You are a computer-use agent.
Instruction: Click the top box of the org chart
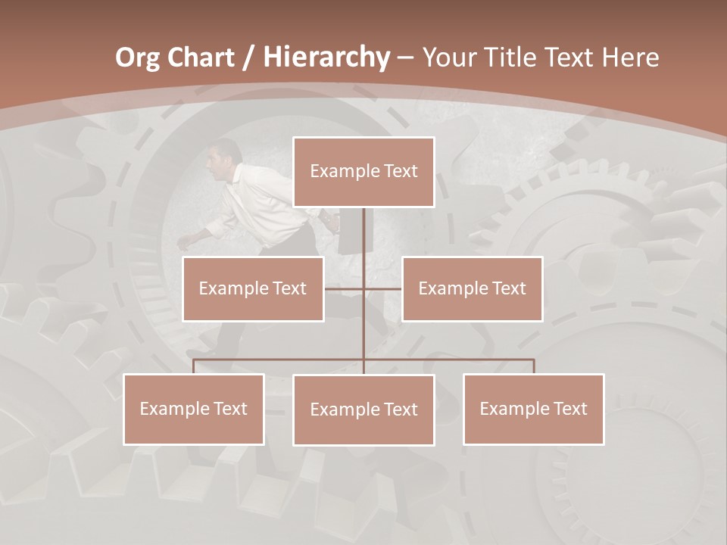pyautogui.click(x=363, y=172)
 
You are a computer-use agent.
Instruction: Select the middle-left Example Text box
pyautogui.click(x=253, y=288)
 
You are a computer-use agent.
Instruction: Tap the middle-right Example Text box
pyautogui.click(x=472, y=288)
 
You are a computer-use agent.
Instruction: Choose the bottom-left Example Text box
pyautogui.click(x=193, y=409)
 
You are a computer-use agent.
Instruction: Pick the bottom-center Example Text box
pyautogui.click(x=363, y=410)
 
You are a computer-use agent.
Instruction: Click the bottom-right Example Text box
pyautogui.click(x=533, y=409)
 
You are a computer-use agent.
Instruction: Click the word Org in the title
pyautogui.click(x=137, y=58)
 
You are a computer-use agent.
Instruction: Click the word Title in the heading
pyautogui.click(x=505, y=58)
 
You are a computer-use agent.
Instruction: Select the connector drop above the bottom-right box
pyautogui.click(x=533, y=366)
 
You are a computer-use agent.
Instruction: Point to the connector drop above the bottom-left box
pyautogui.click(x=193, y=366)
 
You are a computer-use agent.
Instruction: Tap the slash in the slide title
pyautogui.click(x=248, y=58)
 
